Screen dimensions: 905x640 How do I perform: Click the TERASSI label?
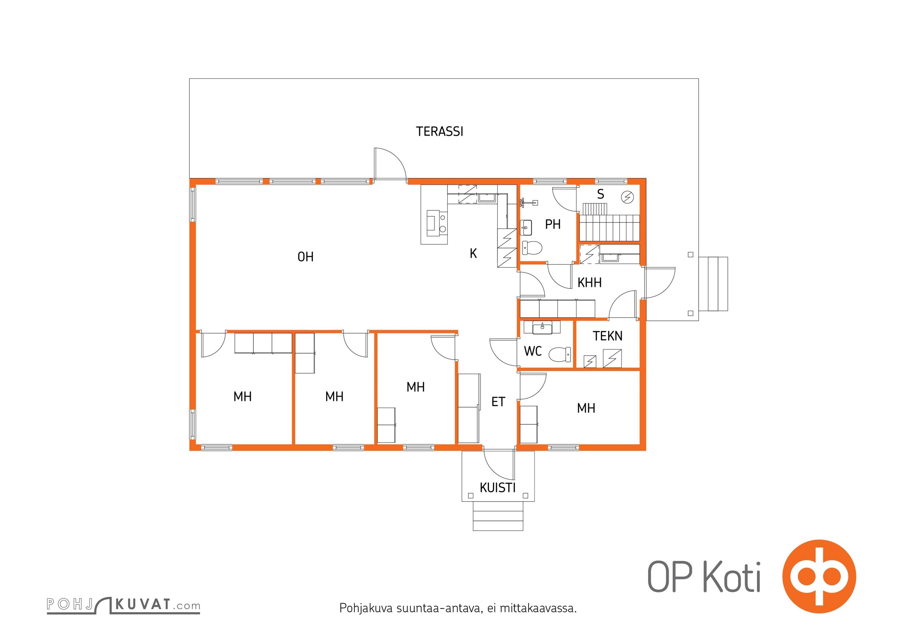tap(439, 132)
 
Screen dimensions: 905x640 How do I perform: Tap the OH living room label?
tap(305, 257)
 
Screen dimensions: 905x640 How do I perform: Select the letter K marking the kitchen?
tap(473, 253)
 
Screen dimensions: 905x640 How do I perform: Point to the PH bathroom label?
tap(553, 224)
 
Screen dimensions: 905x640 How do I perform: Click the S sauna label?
tap(601, 194)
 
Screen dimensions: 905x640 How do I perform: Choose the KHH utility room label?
tap(589, 283)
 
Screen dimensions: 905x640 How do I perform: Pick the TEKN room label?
tap(607, 336)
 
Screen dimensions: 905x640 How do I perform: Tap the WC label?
tap(533, 351)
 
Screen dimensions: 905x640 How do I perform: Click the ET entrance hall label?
tap(498, 402)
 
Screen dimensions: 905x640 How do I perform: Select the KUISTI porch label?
tap(497, 488)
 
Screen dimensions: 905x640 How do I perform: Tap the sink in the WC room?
tap(543, 328)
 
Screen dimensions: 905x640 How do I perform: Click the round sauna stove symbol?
tap(627, 197)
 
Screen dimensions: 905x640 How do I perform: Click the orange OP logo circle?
tap(819, 576)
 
